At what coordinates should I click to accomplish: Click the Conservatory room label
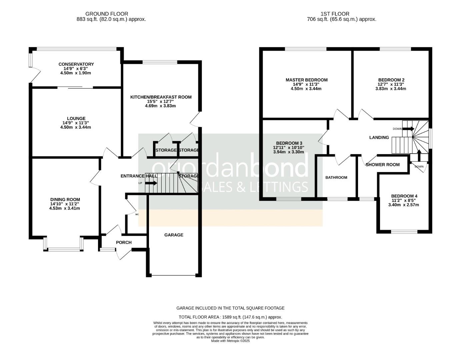[76, 64]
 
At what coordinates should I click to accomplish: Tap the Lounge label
[76, 118]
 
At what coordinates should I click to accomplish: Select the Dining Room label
[65, 200]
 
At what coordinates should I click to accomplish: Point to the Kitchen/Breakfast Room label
[161, 97]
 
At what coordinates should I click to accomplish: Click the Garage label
[174, 235]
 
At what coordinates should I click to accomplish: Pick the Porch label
[124, 242]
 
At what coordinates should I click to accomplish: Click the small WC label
[137, 215]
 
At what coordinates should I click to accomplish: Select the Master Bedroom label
[306, 80]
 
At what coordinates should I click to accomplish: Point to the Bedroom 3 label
[289, 143]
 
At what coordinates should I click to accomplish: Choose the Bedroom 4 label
[404, 196]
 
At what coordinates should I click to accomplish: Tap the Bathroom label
[336, 177]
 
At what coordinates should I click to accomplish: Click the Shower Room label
[383, 165]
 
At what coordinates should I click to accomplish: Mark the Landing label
[379, 137]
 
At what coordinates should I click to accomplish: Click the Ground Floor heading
[107, 14]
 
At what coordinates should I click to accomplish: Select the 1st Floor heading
[335, 14]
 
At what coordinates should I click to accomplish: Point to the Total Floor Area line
[230, 317]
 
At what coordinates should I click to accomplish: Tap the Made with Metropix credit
[230, 341]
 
